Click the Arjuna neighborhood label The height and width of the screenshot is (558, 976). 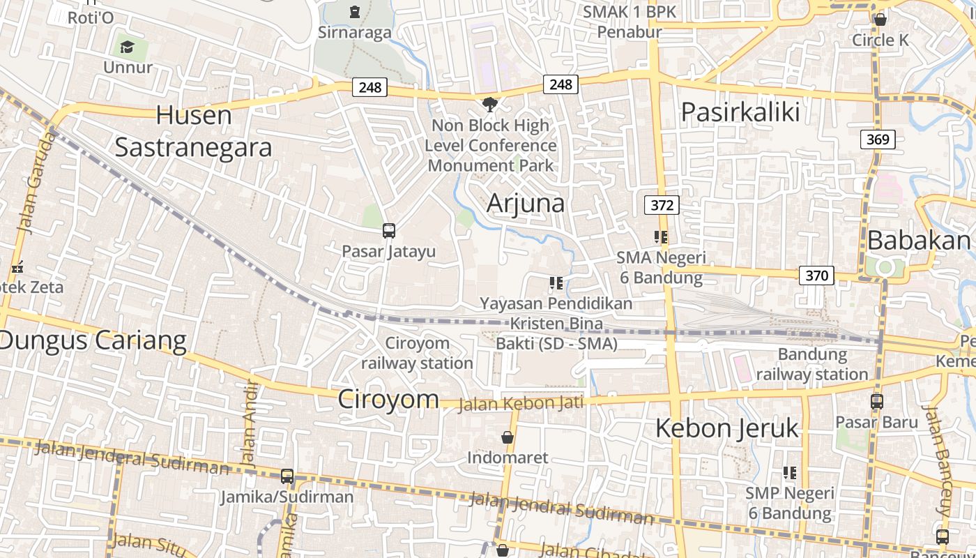(526, 203)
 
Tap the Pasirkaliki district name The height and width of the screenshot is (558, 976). (740, 112)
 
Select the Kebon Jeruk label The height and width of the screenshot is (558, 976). (726, 428)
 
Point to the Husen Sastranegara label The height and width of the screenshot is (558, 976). (193, 131)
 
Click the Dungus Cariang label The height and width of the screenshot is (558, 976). (93, 340)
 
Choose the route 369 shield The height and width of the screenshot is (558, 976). (877, 139)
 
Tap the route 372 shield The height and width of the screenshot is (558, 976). (662, 205)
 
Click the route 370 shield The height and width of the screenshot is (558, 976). (816, 276)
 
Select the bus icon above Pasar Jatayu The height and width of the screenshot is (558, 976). (389, 231)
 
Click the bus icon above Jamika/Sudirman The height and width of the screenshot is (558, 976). (287, 477)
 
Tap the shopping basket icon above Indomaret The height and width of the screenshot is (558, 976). (508, 437)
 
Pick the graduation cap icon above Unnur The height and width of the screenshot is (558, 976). (127, 47)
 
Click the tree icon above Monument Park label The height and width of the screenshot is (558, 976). (490, 105)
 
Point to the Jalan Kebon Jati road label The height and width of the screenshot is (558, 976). (520, 404)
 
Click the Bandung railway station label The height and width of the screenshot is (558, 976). (812, 364)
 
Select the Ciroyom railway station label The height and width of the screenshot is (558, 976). (417, 353)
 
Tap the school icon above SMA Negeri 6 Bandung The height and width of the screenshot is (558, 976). (661, 237)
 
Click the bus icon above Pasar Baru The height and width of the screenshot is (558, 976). (877, 402)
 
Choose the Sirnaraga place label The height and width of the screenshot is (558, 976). (355, 32)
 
